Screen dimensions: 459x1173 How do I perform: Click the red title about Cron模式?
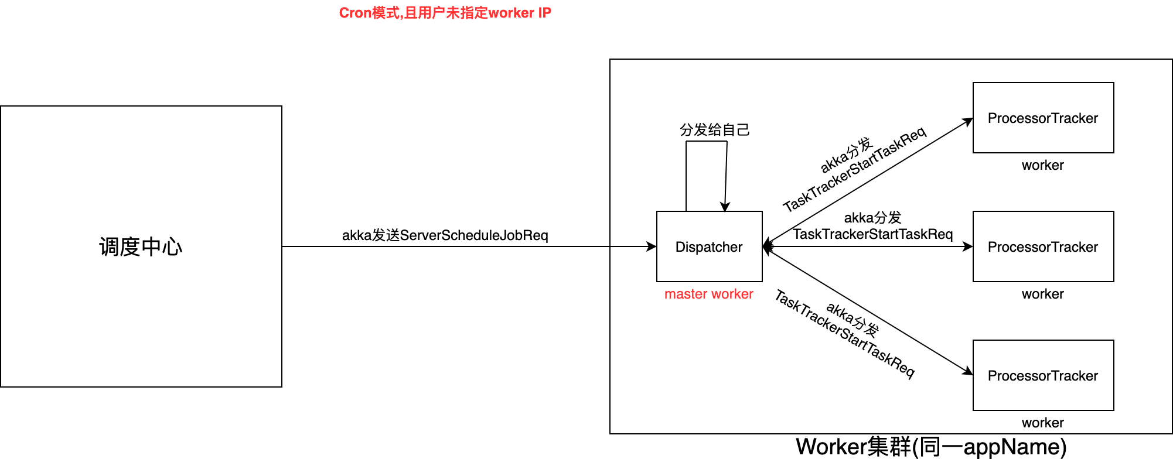point(445,13)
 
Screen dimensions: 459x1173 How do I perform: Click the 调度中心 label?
point(141,246)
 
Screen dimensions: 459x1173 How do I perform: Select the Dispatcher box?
point(709,246)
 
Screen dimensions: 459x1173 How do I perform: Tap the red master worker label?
point(708,294)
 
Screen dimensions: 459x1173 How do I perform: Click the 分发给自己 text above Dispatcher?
point(714,129)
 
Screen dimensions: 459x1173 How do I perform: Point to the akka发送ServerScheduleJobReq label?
point(445,235)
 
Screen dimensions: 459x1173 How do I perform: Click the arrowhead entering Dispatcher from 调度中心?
point(652,246)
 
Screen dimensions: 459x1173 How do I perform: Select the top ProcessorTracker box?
point(1043,118)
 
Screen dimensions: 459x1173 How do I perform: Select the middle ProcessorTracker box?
point(1043,246)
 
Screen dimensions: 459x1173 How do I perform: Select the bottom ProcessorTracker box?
point(1043,375)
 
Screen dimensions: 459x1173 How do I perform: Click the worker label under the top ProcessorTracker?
point(1042,165)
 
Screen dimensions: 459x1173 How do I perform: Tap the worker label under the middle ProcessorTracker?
point(1042,294)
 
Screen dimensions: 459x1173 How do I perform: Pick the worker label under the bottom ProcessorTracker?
point(1042,423)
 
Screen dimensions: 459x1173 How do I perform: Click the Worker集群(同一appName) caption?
point(930,447)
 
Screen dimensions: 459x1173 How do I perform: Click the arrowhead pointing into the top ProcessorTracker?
point(968,121)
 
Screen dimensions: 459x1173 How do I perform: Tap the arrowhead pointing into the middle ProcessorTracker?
point(968,246)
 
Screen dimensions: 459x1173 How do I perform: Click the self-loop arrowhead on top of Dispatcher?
point(725,207)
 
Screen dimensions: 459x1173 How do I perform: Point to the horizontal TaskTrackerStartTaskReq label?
point(872,234)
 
